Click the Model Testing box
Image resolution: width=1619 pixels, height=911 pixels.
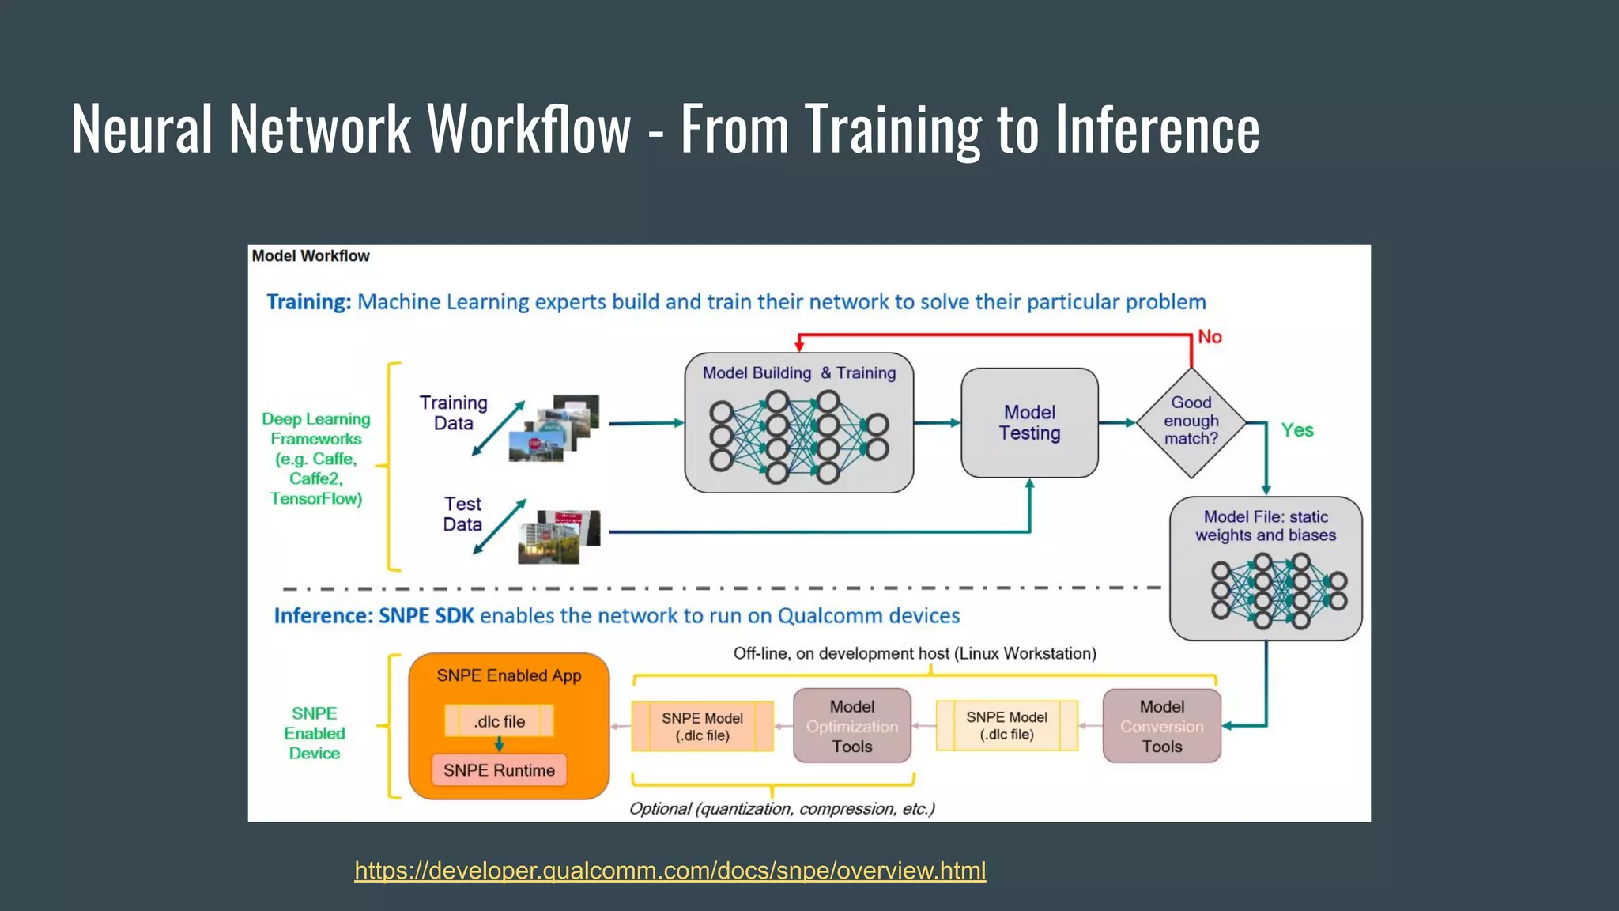pos(1029,423)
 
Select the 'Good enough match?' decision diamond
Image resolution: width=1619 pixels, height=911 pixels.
pos(1191,421)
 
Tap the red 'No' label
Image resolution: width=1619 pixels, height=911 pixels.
pos(1210,337)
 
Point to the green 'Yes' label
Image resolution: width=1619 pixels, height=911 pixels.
pos(1297,430)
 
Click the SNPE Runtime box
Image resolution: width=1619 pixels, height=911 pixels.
pos(499,770)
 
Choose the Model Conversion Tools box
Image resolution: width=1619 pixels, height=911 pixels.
pos(1161,726)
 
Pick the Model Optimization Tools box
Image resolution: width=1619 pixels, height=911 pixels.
pos(851,726)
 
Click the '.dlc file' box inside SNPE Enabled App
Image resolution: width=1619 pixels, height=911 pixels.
pos(499,721)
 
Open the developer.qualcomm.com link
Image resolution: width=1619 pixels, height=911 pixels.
pos(670,871)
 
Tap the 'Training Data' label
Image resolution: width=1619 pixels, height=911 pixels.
pos(453,413)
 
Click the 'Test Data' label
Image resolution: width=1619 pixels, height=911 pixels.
pos(462,514)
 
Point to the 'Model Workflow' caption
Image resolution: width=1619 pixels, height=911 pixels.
pos(310,256)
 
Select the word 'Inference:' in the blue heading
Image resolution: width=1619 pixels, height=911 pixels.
pos(323,616)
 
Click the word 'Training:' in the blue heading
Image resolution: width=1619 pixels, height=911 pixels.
pos(308,302)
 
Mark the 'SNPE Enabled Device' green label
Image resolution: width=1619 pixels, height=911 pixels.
pos(314,733)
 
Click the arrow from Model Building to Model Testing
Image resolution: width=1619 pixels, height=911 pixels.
pos(937,423)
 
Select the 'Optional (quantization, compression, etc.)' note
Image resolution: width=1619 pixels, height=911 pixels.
pos(782,809)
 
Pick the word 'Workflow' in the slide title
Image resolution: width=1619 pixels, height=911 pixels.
pos(529,129)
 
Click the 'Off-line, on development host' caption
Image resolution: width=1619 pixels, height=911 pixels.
pos(914,654)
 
